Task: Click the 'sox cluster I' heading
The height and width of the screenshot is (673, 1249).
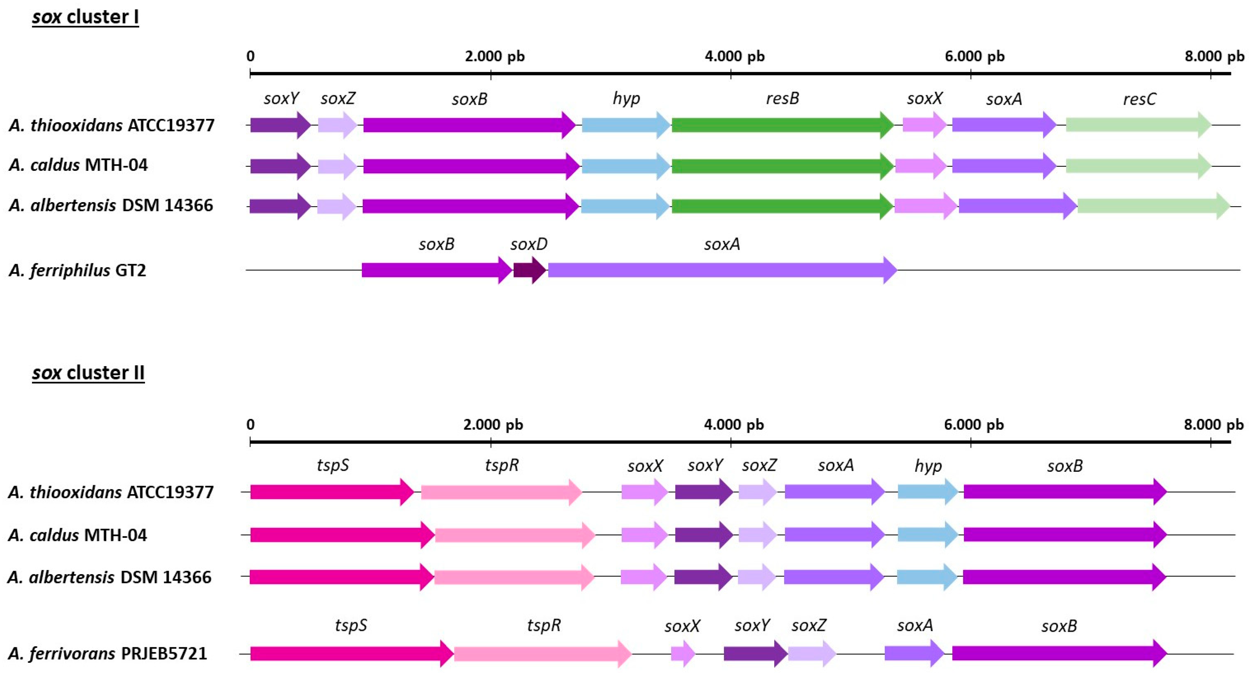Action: pyautogui.click(x=85, y=17)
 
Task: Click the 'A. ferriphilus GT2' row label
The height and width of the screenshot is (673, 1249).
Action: pyautogui.click(x=77, y=270)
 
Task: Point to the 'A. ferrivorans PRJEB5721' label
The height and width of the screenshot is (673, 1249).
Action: pyautogui.click(x=108, y=653)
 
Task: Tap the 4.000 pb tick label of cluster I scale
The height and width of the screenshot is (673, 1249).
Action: pyautogui.click(x=734, y=56)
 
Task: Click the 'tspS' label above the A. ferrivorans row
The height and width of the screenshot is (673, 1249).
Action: pyautogui.click(x=351, y=626)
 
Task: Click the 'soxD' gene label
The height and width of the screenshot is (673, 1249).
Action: pyautogui.click(x=528, y=244)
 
